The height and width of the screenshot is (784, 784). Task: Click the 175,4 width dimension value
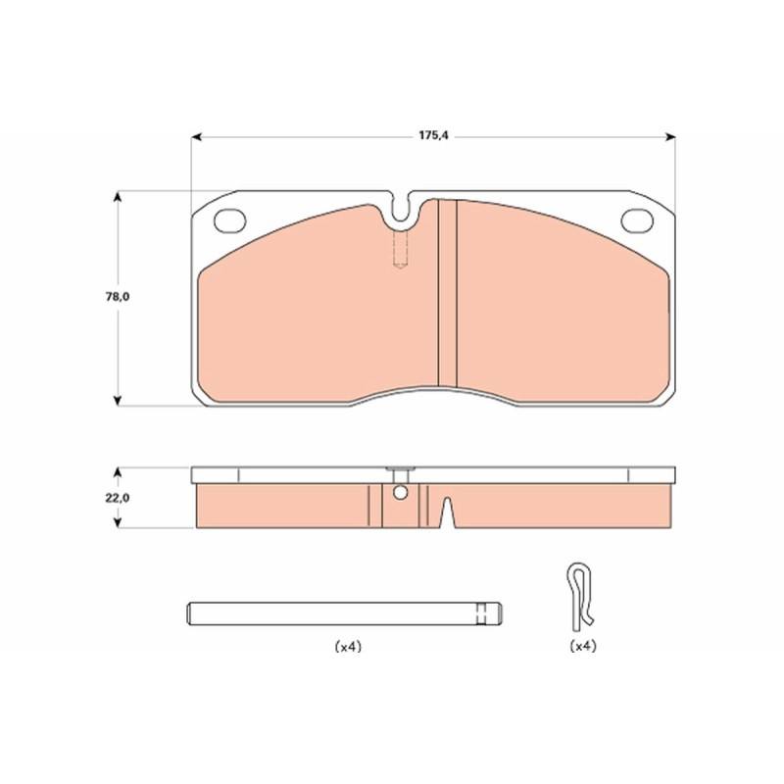coord(433,135)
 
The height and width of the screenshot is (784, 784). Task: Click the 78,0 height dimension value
coord(118,297)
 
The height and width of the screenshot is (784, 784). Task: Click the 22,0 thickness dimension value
coord(118,498)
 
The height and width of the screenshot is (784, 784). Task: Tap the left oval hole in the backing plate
coord(230,220)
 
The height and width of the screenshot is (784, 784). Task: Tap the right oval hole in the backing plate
coord(637,220)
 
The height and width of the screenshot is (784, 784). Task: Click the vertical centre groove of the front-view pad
coord(448,293)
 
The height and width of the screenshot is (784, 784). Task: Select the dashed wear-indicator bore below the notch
coord(401,249)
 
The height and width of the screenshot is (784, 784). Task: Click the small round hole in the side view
coord(400,493)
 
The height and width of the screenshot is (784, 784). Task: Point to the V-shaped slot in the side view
coord(448,513)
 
